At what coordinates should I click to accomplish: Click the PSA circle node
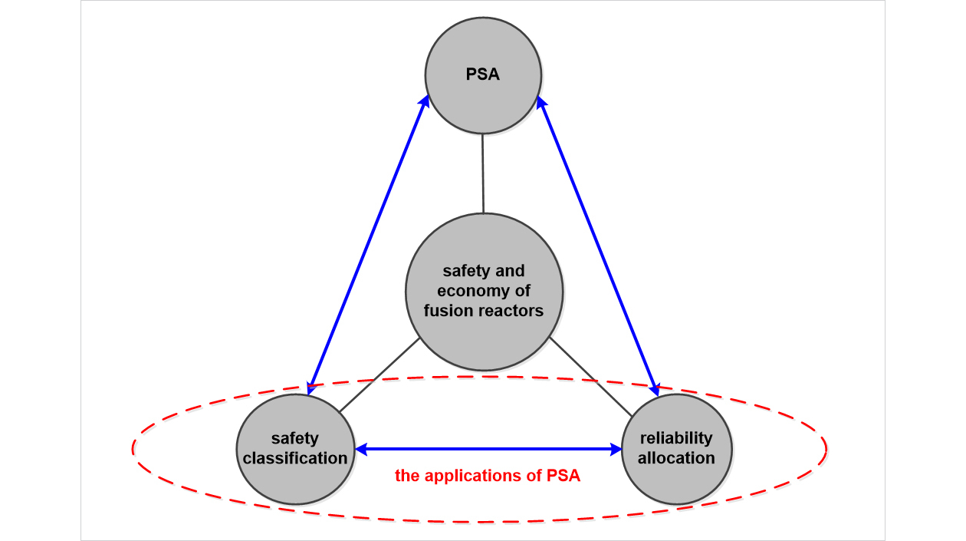point(484,75)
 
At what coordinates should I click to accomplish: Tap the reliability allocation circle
point(676,448)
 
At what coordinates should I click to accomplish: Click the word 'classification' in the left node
point(296,458)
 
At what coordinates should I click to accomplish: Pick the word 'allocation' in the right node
point(676,458)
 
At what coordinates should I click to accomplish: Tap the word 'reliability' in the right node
point(676,438)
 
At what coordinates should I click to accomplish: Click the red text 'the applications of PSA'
point(488,476)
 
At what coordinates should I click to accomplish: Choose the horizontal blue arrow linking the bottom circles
point(488,448)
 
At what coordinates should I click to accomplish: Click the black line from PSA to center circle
point(483,173)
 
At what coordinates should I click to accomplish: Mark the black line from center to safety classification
point(379,374)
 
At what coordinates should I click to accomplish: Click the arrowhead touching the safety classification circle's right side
point(362,448)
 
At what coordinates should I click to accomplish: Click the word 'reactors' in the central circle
point(514,311)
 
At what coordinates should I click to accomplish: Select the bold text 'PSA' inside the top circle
point(483,75)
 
